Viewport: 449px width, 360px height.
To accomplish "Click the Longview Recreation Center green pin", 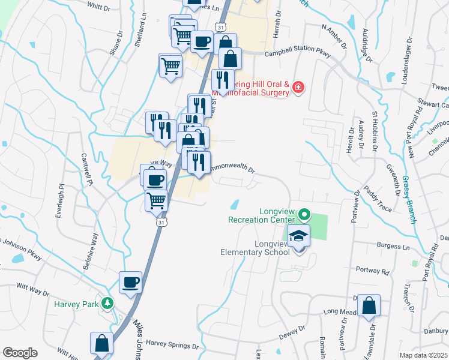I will tap(304, 214).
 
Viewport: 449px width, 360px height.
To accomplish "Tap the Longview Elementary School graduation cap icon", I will tap(297, 236).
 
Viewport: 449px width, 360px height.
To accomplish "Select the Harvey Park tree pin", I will tap(107, 304).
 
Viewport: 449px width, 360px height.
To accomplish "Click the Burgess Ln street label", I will tap(393, 246).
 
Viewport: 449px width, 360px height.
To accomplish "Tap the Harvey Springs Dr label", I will tap(172, 346).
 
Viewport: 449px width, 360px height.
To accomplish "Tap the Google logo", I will tap(20, 353).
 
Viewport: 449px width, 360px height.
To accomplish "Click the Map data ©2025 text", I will tap(424, 355).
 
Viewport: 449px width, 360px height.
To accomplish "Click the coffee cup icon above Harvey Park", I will tap(130, 282).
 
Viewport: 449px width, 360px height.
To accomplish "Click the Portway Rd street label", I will tap(372, 271).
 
